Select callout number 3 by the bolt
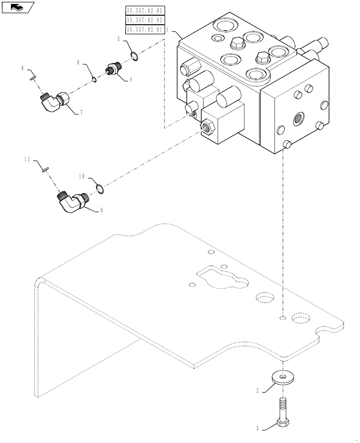point(257,428)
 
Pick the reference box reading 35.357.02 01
point(145,30)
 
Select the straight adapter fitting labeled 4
point(115,68)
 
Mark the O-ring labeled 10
point(101,190)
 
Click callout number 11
point(26,158)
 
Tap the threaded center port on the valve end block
point(297,117)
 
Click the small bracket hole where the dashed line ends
point(282,318)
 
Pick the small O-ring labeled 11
point(43,168)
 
